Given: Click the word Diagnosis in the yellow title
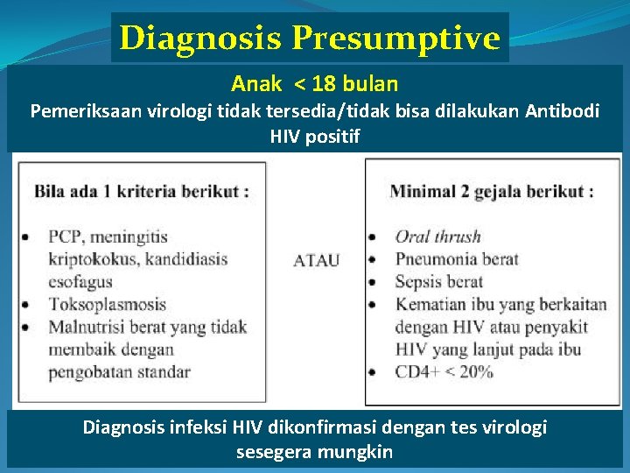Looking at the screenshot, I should (201, 38).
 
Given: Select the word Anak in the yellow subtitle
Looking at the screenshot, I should (256, 84).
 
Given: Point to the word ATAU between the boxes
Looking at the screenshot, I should (317, 261).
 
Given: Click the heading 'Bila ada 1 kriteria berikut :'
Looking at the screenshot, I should (140, 191).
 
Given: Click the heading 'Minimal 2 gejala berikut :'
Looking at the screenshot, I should (492, 191).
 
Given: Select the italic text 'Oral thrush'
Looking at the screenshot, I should (437, 236).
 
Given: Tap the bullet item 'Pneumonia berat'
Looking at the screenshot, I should (457, 259).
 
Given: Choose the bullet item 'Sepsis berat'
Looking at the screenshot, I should (439, 282).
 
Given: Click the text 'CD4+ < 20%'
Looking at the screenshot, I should (444, 372).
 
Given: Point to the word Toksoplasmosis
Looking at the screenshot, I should (107, 305).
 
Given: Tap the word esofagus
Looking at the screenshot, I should (80, 282).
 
